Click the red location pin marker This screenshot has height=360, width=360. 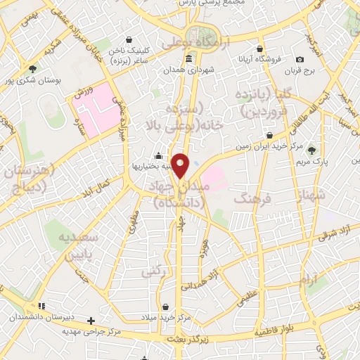(x=181, y=165)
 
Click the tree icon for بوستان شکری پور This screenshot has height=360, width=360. (x=32, y=69)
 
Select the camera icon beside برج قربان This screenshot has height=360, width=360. (x=300, y=60)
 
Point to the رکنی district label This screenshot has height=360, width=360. (x=153, y=271)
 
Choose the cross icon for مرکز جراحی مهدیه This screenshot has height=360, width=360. (x=90, y=321)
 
